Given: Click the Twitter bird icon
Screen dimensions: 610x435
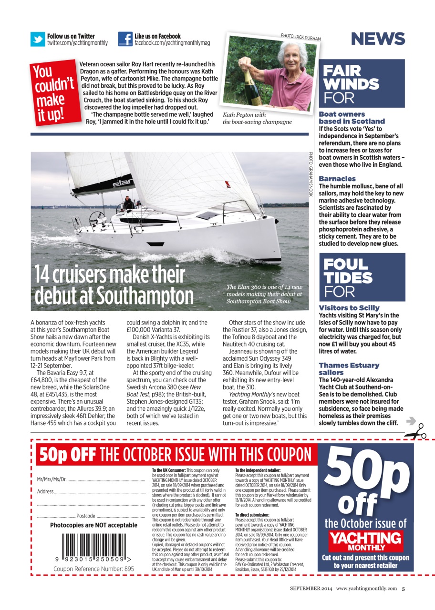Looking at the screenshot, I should pyautogui.click(x=38, y=39).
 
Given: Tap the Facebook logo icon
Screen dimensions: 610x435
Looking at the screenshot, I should pyautogui.click(x=125, y=39).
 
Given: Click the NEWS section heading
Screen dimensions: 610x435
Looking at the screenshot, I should pyautogui.click(x=378, y=39).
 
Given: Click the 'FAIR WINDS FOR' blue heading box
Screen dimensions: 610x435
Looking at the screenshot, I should pyautogui.click(x=362, y=84).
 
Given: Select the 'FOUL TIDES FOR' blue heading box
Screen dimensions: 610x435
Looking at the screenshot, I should pyautogui.click(x=362, y=277).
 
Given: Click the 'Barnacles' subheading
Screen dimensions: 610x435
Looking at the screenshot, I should pyautogui.click(x=337, y=179).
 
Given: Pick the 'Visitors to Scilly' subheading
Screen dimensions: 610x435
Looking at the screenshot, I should pyautogui.click(x=349, y=308).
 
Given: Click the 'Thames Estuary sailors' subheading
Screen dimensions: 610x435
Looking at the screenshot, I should pyautogui.click(x=349, y=369).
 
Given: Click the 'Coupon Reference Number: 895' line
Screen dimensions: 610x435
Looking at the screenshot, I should pyautogui.click(x=93, y=569).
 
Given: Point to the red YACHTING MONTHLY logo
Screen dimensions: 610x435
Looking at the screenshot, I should pyautogui.click(x=366, y=540).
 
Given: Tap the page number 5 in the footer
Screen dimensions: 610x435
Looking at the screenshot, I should pyautogui.click(x=403, y=588).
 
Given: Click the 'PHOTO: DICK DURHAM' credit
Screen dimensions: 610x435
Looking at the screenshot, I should pyautogui.click(x=300, y=38).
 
